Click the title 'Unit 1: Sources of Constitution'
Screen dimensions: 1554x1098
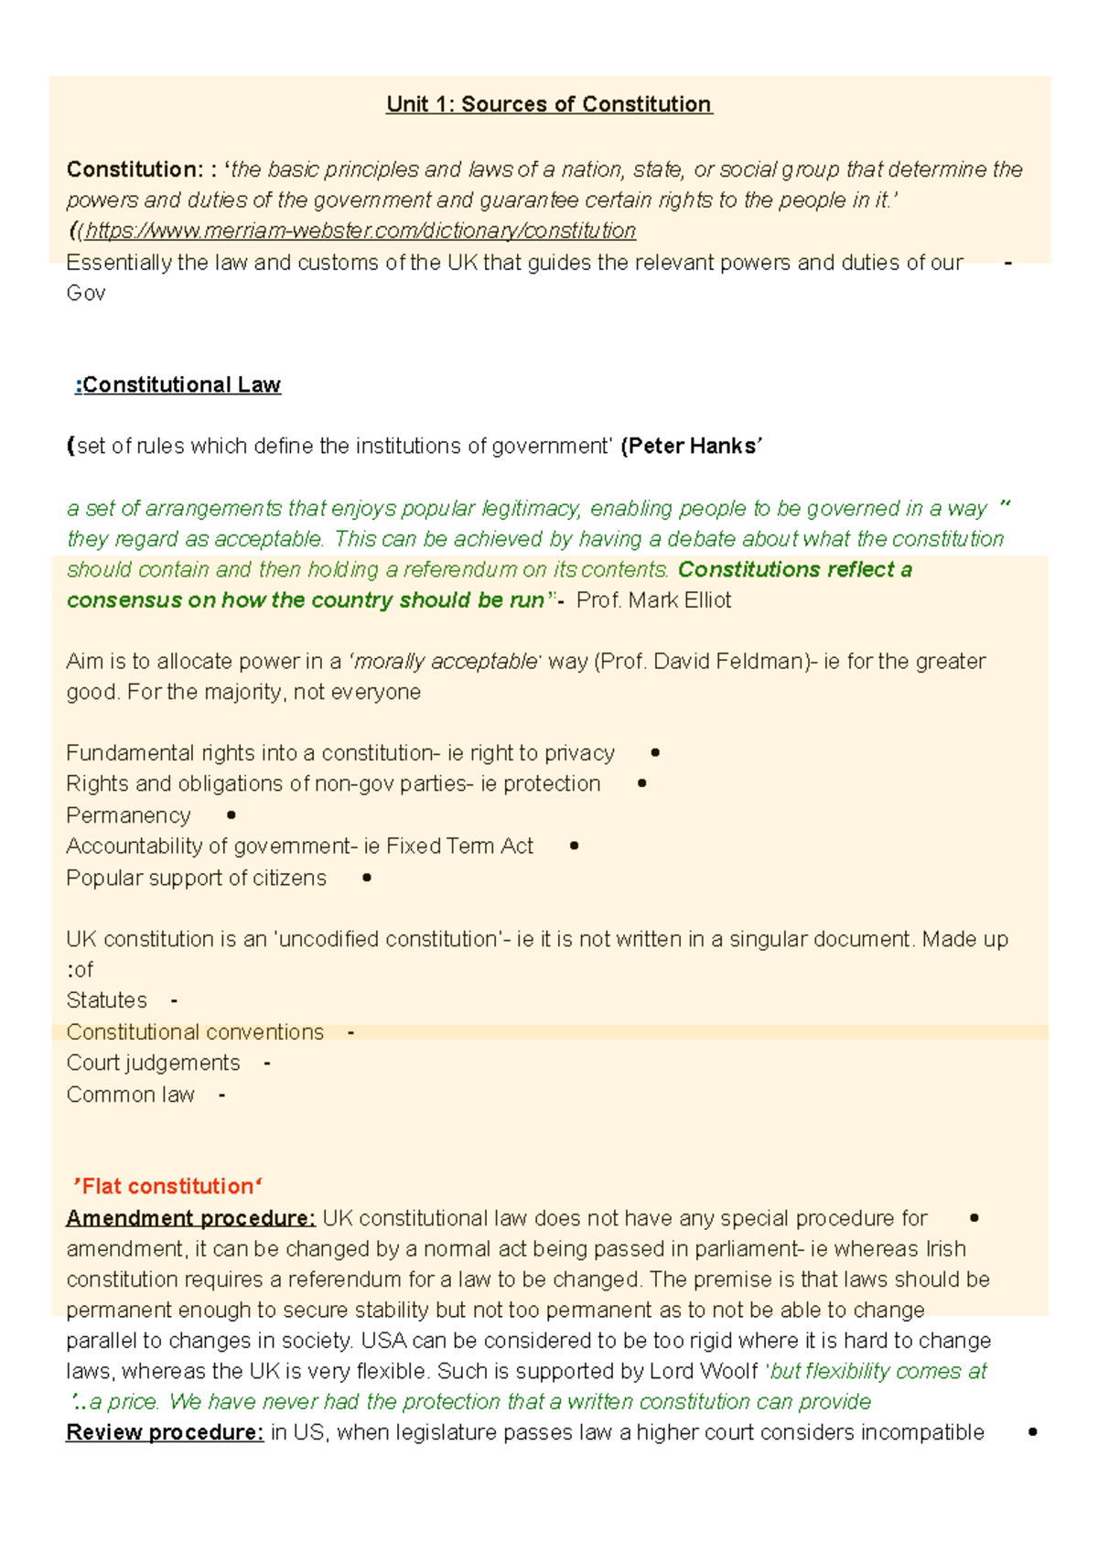coord(548,104)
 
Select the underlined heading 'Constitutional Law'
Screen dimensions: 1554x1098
coord(181,384)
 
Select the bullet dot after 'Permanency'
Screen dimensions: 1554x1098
coord(231,815)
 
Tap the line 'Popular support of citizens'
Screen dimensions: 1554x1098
coord(196,878)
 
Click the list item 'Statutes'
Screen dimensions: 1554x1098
coord(106,1000)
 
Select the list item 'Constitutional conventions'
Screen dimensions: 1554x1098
coord(195,1032)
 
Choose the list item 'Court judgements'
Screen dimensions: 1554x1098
coord(153,1063)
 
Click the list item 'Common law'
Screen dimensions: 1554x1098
coord(130,1095)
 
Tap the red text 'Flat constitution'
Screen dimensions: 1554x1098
coord(167,1187)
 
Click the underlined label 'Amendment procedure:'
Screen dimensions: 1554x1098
coord(190,1219)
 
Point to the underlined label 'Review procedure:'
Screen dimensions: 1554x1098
coord(165,1433)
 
